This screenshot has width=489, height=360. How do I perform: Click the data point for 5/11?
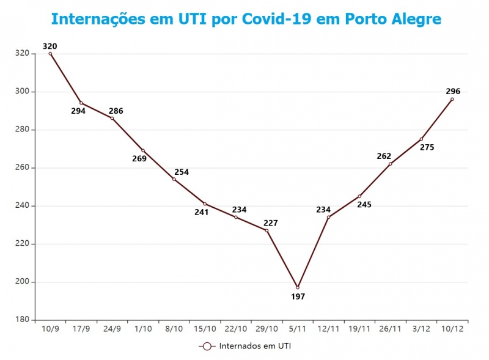298,287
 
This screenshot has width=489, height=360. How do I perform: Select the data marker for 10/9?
50,54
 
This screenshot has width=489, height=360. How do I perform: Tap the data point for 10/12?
452,99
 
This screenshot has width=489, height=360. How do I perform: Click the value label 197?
298,296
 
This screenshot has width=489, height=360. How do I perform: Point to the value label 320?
50,46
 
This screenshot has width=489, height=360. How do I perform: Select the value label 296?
453,90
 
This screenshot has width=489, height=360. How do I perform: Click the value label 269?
139,159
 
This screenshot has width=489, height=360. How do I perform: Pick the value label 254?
182,172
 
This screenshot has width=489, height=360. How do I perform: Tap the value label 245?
364,204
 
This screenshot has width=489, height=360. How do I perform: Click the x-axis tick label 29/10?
267,329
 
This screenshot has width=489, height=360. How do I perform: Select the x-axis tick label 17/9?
81,329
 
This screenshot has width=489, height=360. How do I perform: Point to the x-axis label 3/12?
421,329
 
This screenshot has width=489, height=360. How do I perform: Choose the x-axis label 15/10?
205,329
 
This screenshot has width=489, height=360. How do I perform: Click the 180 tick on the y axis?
22,320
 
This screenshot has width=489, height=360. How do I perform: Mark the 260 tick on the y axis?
22,167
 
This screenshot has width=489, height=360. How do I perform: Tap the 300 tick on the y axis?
22,92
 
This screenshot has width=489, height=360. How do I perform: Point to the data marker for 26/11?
390,164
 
